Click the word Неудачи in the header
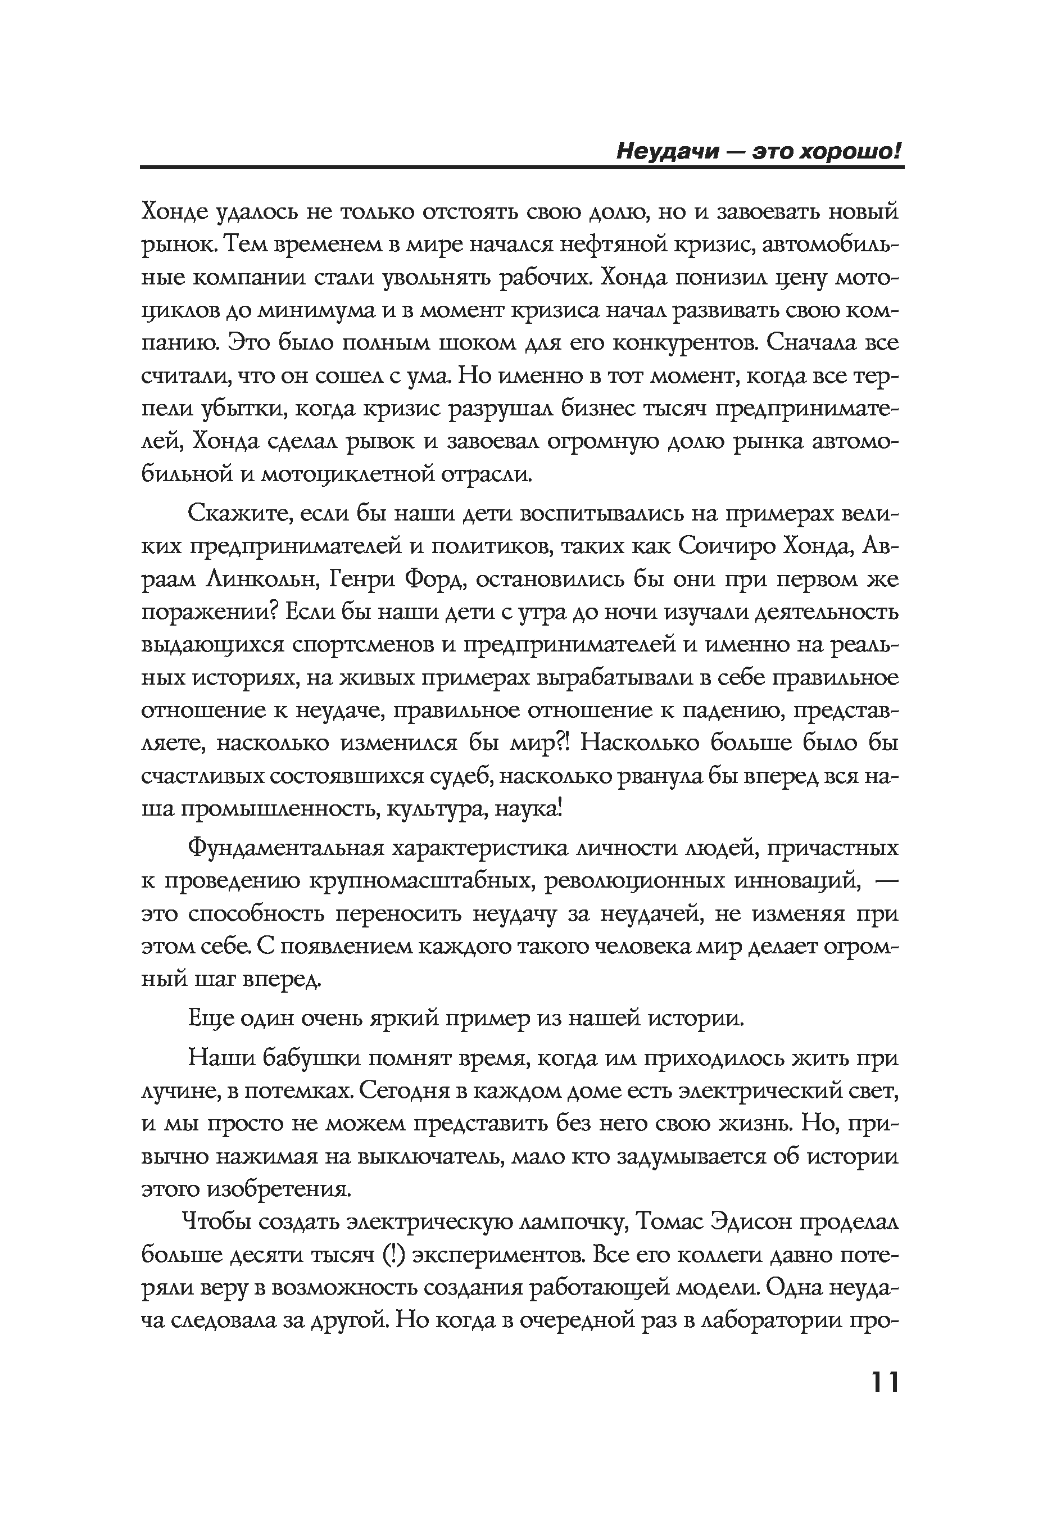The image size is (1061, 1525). (667, 152)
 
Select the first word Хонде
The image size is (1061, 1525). (175, 212)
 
